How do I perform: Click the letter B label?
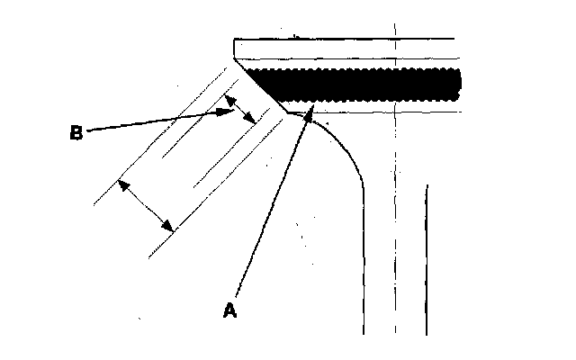pos(76,133)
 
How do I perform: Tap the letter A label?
pos(230,310)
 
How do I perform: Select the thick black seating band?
pos(360,83)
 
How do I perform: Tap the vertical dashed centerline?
pos(394,225)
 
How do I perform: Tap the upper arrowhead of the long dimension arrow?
pos(122,183)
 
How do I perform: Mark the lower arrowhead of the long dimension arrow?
pos(169,228)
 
